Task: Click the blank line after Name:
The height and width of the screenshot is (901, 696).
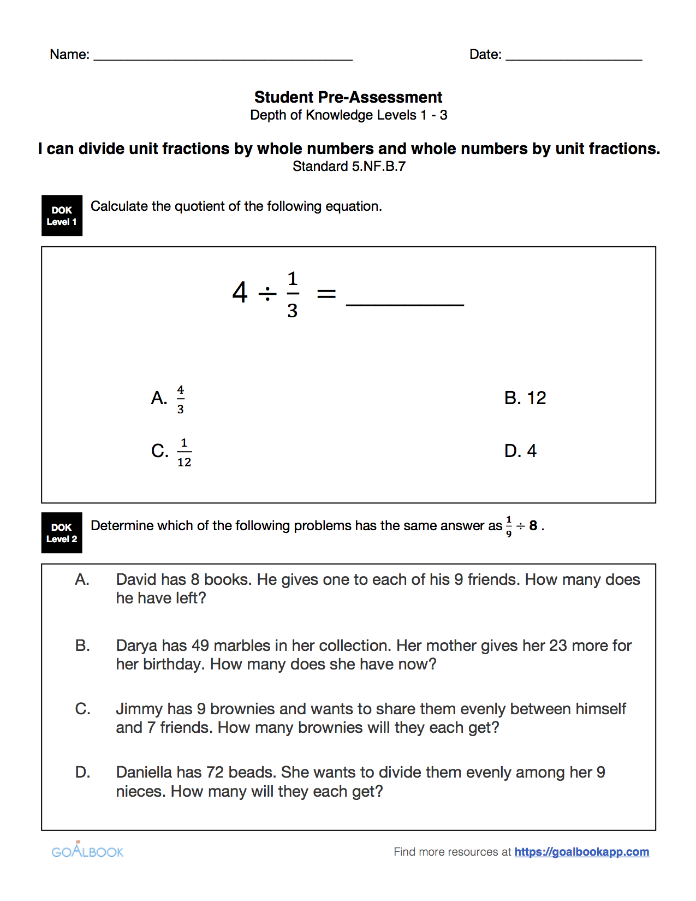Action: [x=223, y=57]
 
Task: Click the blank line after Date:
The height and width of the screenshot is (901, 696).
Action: [x=573, y=57]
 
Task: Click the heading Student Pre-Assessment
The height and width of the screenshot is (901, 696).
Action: [x=348, y=97]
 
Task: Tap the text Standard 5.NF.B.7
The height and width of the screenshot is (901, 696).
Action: [x=348, y=167]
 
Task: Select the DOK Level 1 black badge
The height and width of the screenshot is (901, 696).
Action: [x=62, y=216]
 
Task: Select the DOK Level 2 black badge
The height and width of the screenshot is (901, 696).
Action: [x=62, y=533]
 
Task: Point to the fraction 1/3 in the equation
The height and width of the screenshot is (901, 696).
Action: [x=293, y=295]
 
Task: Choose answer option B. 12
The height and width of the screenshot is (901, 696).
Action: [x=525, y=398]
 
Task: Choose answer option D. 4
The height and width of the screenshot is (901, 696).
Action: [x=520, y=451]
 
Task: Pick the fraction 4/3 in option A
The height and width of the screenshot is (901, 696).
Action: [x=181, y=399]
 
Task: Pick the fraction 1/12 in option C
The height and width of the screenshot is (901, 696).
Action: [x=184, y=452]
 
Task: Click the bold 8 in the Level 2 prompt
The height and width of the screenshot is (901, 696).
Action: [x=533, y=526]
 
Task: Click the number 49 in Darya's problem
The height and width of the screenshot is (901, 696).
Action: [x=200, y=645]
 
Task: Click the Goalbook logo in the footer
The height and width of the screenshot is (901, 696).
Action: [x=87, y=851]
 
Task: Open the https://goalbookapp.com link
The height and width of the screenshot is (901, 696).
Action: [x=581, y=852]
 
